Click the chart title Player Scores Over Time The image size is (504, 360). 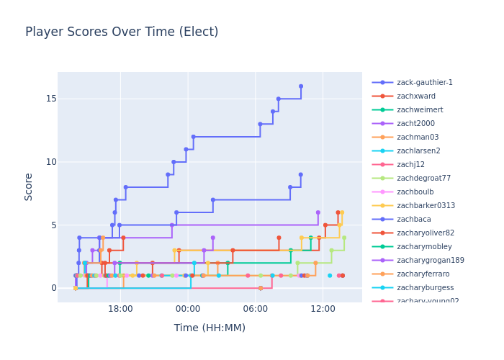[x=122, y=32]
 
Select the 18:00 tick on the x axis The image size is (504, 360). [x=120, y=309]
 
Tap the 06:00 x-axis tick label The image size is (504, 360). [x=255, y=309]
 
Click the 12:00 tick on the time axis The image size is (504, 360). [x=323, y=309]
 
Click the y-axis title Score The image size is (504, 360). [x=29, y=186]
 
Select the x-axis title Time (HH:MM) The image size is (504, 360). [x=210, y=328]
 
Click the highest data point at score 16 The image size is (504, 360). [x=301, y=86]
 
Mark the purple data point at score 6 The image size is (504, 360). [x=318, y=212]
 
